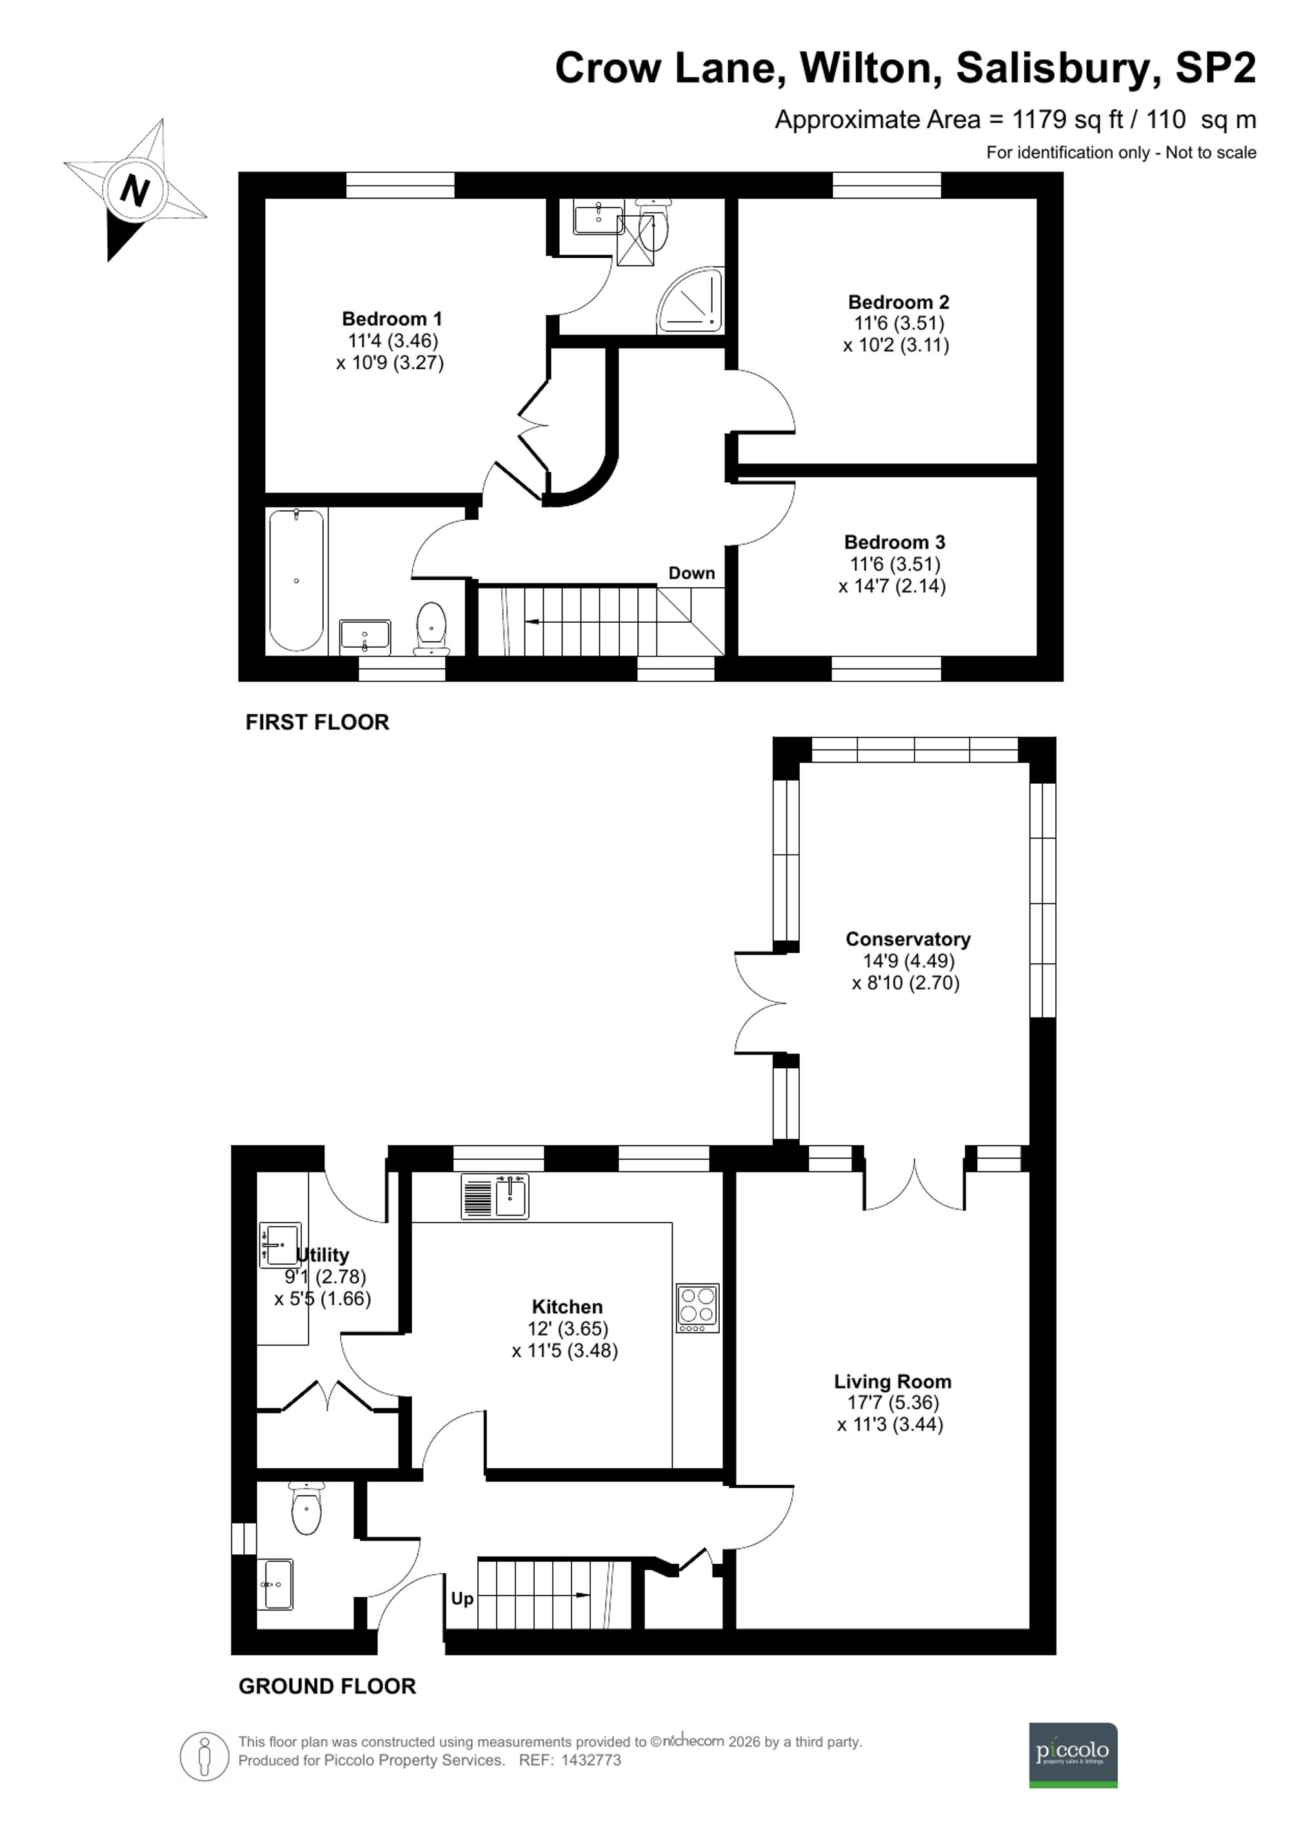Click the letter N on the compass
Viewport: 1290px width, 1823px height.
point(135,191)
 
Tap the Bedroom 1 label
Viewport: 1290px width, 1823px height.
point(392,319)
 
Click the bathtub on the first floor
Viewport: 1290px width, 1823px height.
point(296,580)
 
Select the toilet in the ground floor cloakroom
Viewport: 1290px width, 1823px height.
point(306,1508)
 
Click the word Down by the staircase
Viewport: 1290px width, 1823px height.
point(691,573)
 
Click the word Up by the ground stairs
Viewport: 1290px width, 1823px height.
point(462,1598)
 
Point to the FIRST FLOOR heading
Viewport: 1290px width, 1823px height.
point(317,722)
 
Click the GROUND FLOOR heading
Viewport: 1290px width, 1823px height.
point(326,1686)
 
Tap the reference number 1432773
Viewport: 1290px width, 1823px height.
point(591,1760)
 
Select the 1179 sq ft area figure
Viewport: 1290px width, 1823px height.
point(1067,120)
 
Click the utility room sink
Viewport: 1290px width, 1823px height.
point(279,1245)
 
